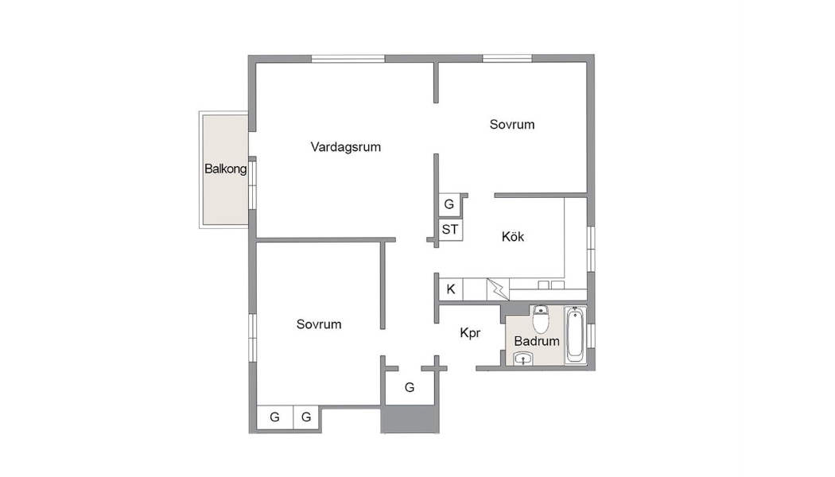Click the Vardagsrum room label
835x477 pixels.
coord(346,147)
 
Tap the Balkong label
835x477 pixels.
coord(225,169)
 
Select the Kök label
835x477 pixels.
coord(513,236)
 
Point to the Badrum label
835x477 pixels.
coord(537,341)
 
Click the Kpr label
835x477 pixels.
coord(470,333)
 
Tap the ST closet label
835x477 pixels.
coord(450,230)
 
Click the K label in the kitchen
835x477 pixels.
coord(451,289)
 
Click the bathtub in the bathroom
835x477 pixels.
coord(575,335)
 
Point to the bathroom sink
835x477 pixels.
coord(523,359)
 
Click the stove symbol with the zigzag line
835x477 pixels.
coord(498,289)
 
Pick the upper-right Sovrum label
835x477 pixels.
coord(512,125)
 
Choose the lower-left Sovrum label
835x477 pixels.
coord(319,324)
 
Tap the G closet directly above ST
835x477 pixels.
coord(449,204)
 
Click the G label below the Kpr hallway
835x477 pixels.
coord(410,388)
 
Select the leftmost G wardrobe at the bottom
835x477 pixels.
coord(275,417)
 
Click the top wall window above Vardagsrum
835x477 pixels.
coord(348,59)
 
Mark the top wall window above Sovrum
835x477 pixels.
coord(507,59)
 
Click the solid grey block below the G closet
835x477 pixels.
coord(410,420)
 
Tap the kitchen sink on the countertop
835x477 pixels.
coord(550,285)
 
